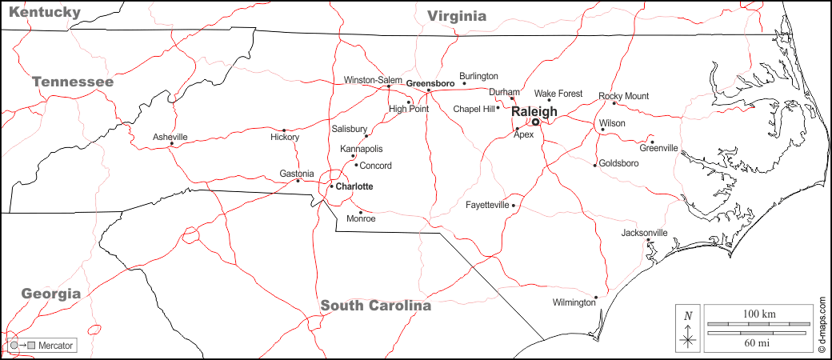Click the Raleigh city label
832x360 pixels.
pyautogui.click(x=534, y=111)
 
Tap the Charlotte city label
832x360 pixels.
pyautogui.click(x=354, y=186)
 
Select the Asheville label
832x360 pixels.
pyautogui.click(x=170, y=137)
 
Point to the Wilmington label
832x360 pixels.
pyautogui.click(x=574, y=302)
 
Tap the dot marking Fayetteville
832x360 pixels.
pyautogui.click(x=514, y=206)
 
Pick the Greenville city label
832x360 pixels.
pyautogui.click(x=658, y=148)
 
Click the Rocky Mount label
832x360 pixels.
pyautogui.click(x=623, y=96)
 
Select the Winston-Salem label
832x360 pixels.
pyautogui.click(x=373, y=80)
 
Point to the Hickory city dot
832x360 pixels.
pyautogui.click(x=284, y=130)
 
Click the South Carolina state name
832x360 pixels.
pyautogui.click(x=375, y=306)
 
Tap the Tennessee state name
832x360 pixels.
pyautogui.click(x=73, y=82)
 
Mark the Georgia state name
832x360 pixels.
pyautogui.click(x=51, y=294)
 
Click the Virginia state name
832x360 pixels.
pyautogui.click(x=457, y=15)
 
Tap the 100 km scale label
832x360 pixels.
pyautogui.click(x=759, y=313)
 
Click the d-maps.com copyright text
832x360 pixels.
pyautogui.click(x=822, y=325)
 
